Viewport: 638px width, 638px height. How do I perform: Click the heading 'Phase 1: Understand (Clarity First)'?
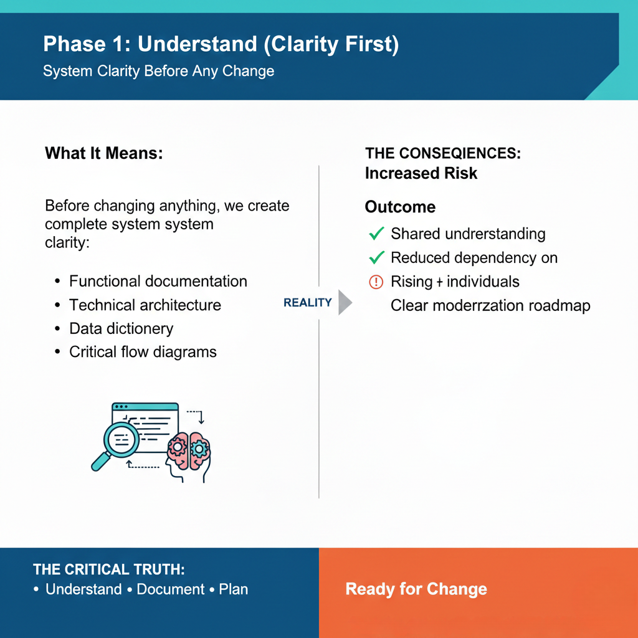coord(221,45)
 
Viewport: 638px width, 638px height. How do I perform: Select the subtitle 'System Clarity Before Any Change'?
coord(158,71)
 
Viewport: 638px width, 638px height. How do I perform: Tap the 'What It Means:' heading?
coord(103,153)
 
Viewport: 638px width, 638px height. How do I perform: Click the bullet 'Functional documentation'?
coord(158,282)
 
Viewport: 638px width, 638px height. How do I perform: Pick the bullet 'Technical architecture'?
coord(145,305)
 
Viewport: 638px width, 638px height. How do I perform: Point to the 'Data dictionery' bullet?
coord(121,329)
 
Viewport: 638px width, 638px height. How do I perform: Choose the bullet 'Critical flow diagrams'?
coord(143,352)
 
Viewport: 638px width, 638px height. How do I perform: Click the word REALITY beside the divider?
coord(308,303)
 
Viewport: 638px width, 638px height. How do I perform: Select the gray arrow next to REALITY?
coord(345,303)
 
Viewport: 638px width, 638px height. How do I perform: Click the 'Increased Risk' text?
coord(421,173)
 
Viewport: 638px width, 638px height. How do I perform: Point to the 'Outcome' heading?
coord(400,207)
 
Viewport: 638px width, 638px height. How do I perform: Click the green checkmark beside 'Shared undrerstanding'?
coord(376,234)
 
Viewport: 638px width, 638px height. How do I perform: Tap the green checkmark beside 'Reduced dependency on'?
coord(376,258)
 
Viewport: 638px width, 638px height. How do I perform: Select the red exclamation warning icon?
coord(376,282)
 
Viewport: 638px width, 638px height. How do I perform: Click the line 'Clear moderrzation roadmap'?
coord(490,305)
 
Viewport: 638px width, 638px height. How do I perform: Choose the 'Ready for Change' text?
coord(416,589)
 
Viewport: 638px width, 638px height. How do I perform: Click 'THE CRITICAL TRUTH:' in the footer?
coord(109,569)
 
